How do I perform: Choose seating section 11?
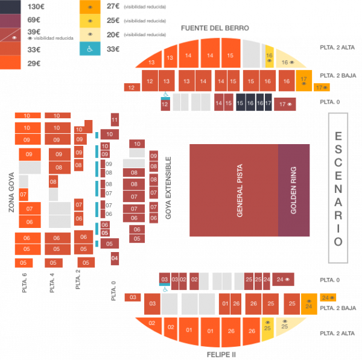tap(114, 121)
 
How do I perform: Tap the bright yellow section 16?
tap(270, 57)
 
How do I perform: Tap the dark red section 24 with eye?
tap(283, 280)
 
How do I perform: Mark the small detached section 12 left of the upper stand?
tap(131, 88)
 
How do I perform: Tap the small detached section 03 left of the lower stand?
tap(132, 297)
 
